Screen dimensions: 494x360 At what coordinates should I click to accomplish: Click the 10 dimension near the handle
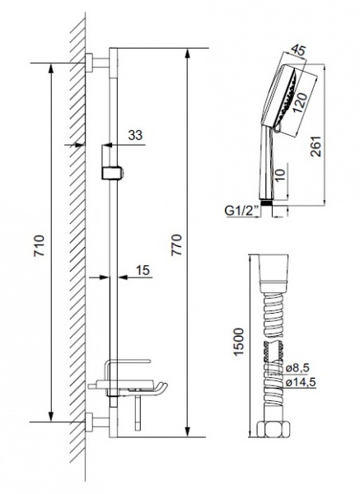point(282,176)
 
